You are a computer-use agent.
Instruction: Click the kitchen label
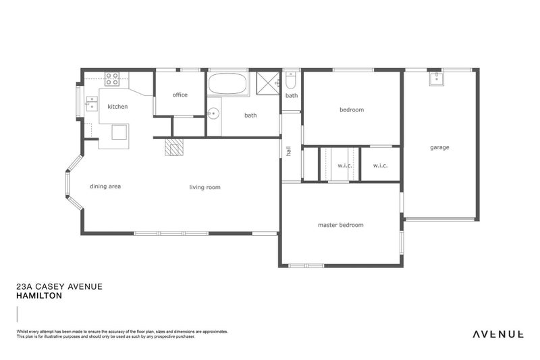117,107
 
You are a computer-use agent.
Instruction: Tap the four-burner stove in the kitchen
112,79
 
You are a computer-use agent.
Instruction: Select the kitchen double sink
92,104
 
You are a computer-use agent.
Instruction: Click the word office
180,95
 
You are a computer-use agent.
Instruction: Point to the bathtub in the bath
227,84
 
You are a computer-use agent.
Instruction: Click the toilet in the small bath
290,81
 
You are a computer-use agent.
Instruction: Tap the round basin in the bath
214,113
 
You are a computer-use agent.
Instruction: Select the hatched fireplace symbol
173,147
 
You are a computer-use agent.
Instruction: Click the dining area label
105,186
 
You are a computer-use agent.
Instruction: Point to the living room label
205,187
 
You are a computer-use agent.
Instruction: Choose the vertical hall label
288,152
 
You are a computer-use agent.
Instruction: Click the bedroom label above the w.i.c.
351,110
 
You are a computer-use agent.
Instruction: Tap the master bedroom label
340,225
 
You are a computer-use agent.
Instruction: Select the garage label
439,147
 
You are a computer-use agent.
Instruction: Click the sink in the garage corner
435,79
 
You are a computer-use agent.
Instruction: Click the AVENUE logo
497,334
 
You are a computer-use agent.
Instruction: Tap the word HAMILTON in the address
40,296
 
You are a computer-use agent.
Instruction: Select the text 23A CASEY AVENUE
59,286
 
